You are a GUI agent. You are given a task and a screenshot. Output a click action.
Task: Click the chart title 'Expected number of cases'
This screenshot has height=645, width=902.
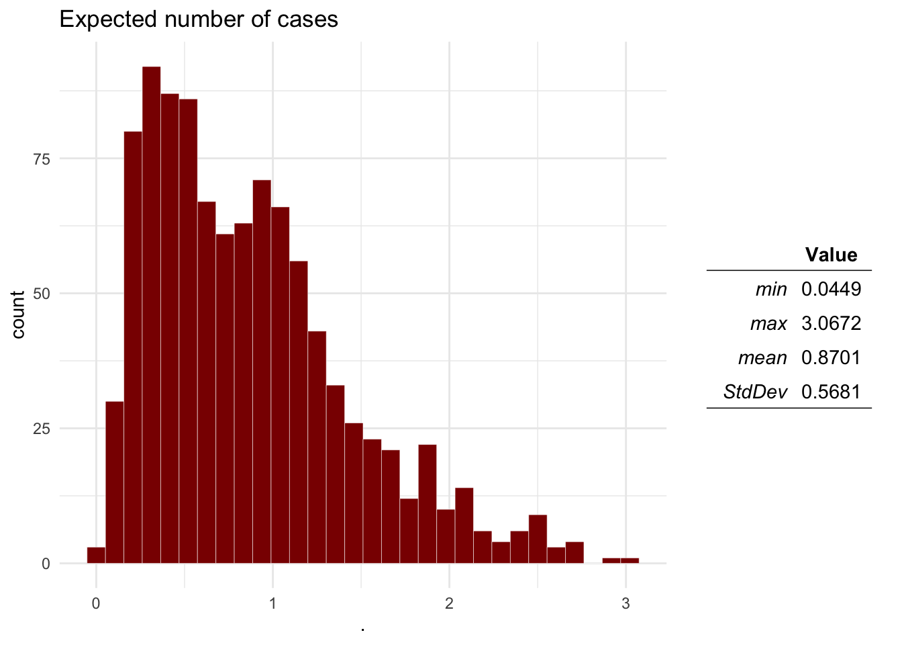[199, 19]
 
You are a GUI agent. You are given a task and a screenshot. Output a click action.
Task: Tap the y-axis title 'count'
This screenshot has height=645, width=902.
[18, 314]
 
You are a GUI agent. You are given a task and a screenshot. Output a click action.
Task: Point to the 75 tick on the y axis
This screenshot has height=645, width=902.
[42, 159]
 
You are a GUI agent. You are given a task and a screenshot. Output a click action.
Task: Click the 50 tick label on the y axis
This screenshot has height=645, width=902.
[42, 294]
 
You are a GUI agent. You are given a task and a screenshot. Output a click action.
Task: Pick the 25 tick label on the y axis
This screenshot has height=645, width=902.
[42, 429]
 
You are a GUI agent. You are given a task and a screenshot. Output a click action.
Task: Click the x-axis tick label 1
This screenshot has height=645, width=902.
[272, 603]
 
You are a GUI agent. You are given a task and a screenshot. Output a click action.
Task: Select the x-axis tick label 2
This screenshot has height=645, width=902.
[449, 603]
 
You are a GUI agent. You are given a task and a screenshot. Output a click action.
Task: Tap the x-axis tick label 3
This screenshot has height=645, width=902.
[625, 603]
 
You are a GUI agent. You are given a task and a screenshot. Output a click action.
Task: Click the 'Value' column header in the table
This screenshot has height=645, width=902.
[831, 255]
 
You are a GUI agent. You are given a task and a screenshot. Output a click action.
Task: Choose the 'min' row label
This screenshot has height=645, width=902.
[770, 289]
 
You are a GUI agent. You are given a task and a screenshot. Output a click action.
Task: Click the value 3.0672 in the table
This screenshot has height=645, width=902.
[831, 323]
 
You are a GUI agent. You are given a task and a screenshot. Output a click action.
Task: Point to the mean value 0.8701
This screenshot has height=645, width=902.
[831, 357]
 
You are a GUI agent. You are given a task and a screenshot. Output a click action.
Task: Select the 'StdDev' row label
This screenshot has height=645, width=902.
[755, 392]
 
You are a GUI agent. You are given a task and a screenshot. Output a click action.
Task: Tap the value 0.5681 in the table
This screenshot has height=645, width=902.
[831, 392]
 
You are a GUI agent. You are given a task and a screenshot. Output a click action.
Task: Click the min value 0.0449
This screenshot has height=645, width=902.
[831, 289]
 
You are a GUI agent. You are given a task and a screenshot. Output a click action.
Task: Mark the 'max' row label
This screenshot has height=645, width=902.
[768, 323]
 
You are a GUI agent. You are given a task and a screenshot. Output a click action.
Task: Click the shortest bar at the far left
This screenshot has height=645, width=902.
[96, 556]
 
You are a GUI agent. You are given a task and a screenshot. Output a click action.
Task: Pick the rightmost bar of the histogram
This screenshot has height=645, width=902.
[630, 560]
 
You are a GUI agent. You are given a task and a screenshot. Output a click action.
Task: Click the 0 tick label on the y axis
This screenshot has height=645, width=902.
[46, 564]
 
